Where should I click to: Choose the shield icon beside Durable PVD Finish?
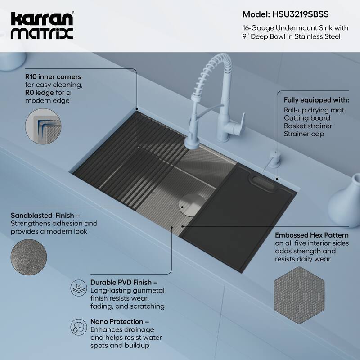pos(78,287)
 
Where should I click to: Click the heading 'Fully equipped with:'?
pos(316,100)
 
